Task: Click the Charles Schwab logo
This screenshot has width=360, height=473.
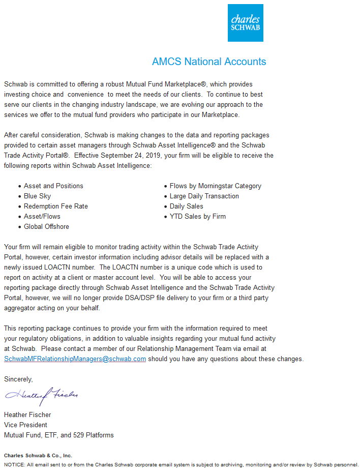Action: point(245,23)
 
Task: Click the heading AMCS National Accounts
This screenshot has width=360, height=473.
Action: point(208,62)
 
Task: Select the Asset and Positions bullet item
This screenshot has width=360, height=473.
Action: point(53,186)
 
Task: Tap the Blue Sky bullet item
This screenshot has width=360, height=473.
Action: point(37,196)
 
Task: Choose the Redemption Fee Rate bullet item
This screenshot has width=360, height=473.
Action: point(55,206)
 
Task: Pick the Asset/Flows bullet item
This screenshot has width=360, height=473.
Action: point(42,217)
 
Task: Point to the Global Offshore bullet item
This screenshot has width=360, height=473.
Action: point(46,227)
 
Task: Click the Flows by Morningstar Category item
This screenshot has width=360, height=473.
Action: point(215,186)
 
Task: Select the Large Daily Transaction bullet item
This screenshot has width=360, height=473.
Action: point(204,196)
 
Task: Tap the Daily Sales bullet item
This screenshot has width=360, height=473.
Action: point(186,206)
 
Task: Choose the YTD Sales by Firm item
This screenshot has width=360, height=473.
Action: point(197,217)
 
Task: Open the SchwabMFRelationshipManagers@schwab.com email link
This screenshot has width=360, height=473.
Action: point(75,359)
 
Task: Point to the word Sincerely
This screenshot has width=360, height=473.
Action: point(18,379)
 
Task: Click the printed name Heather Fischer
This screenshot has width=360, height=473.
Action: point(27,415)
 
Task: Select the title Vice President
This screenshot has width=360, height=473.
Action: point(25,425)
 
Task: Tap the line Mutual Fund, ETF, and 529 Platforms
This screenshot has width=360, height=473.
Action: point(58,435)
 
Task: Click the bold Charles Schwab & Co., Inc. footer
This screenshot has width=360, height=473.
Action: point(38,456)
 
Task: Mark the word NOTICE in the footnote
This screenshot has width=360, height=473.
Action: point(13,464)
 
